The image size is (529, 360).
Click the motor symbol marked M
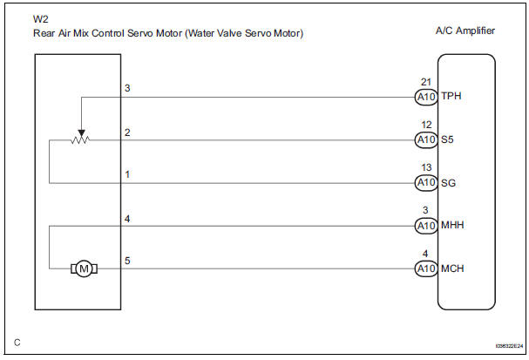pos(85,269)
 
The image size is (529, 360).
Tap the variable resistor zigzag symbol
pos(80,139)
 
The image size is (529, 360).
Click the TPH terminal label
pos(451,97)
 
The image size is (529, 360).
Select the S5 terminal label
pos(447,139)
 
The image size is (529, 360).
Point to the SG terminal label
pos(448,183)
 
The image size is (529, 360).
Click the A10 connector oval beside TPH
pos(424,97)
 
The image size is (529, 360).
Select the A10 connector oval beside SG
pos(424,183)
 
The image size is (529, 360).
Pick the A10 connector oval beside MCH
pos(424,269)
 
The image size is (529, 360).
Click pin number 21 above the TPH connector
pos(424,82)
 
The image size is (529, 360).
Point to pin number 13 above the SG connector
pos(424,168)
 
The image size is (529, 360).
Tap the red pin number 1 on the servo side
pos(127,174)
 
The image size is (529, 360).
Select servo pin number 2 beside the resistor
pos(127,132)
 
